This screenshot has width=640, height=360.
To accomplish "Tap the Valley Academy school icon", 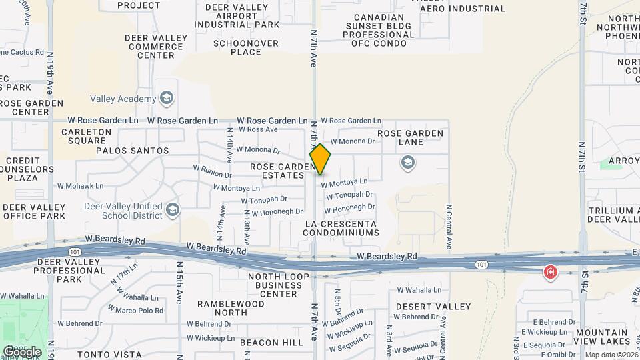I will tap(166, 99).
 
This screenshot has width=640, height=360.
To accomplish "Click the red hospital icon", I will tap(550, 272).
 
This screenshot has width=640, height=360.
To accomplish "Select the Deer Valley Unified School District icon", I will tap(173, 210).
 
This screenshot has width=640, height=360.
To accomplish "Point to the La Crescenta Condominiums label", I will tap(341, 228).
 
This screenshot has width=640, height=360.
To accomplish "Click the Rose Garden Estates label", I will tap(282, 171).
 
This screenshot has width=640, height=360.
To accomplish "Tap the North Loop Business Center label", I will tap(279, 285).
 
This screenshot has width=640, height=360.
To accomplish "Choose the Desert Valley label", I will tap(433, 307).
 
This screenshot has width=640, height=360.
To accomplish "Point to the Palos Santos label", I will tap(133, 151).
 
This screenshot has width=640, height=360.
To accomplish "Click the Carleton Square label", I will tap(87, 136).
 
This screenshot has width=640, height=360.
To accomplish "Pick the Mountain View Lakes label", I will tap(601, 337).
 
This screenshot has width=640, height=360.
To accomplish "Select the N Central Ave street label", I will tap(449, 227).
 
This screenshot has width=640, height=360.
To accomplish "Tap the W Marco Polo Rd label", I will tap(139, 311).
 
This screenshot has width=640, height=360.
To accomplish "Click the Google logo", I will tap(23, 351).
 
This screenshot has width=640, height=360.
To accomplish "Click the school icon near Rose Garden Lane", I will tap(407, 162).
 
